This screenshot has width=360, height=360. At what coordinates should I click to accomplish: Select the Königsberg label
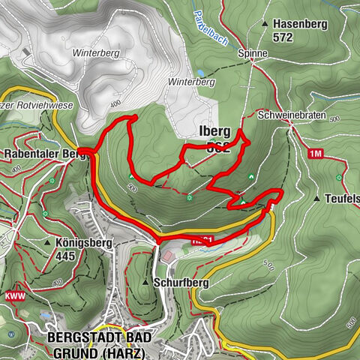point(83,243)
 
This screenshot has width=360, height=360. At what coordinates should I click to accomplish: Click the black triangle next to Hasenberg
point(265,24)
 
